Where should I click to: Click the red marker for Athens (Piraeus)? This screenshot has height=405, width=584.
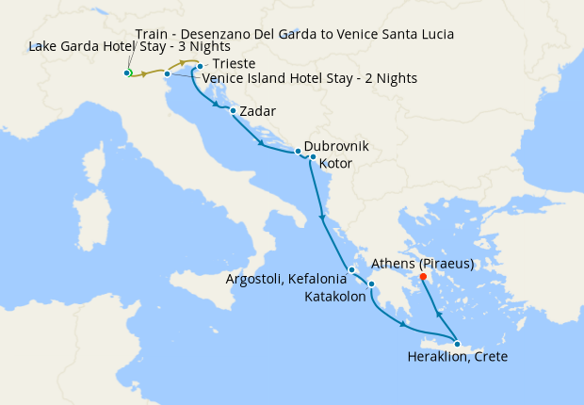[423, 276]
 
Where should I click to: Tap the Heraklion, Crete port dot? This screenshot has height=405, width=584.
[457, 344]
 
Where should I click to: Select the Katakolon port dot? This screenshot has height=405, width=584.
[371, 283]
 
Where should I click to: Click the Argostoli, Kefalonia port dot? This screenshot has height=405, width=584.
[351, 270]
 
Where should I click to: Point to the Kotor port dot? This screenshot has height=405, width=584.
[313, 156]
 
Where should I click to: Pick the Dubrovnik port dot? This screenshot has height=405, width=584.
[298, 151]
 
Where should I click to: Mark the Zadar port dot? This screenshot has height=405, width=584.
[233, 110]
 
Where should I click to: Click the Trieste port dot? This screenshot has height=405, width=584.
[200, 66]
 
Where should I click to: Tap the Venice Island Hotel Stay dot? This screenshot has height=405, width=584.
[167, 73]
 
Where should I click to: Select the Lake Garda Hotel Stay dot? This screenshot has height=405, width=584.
[126, 73]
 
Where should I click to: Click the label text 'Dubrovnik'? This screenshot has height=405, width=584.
[336, 147]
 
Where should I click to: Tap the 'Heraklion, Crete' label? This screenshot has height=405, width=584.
[458, 357]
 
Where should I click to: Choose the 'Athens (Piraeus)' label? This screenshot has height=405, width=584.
[424, 263]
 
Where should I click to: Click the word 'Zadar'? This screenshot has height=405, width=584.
[258, 111]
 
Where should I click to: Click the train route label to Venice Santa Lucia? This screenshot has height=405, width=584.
[295, 34]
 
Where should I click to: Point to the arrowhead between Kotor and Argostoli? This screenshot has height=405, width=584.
[322, 219]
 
